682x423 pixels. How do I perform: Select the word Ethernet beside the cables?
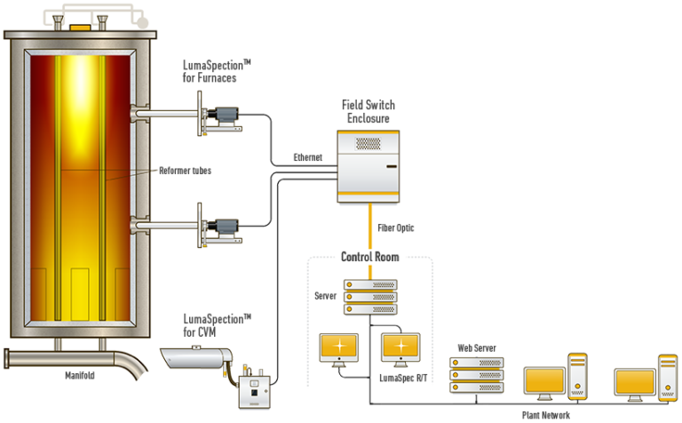[x=308, y=158]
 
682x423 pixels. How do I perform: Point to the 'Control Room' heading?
[x=369, y=257]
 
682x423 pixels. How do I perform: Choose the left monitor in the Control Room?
[x=339, y=347]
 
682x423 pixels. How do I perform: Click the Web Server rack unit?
[x=477, y=377]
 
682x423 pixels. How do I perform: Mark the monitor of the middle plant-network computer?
[x=543, y=383]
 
